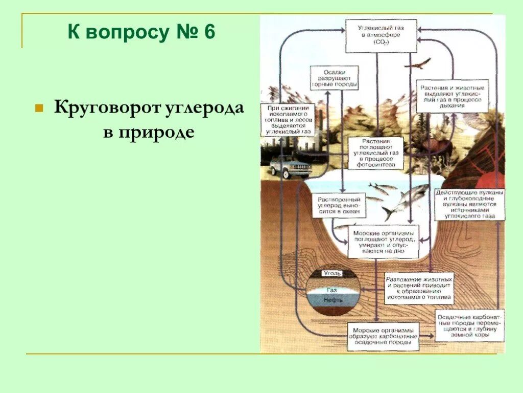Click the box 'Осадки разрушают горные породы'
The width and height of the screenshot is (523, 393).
[334, 78]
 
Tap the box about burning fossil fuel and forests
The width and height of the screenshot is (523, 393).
[287, 120]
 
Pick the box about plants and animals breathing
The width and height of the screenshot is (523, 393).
[451, 96]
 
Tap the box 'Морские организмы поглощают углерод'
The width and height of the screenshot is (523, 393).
[383, 242]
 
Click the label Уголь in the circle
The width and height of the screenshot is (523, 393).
[331, 273]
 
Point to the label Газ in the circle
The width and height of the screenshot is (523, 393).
[332, 290]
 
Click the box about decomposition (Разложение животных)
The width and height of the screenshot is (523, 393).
[418, 288]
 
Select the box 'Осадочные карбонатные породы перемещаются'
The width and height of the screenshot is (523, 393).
[469, 326]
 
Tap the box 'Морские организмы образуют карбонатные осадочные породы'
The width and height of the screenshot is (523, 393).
[383, 336]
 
